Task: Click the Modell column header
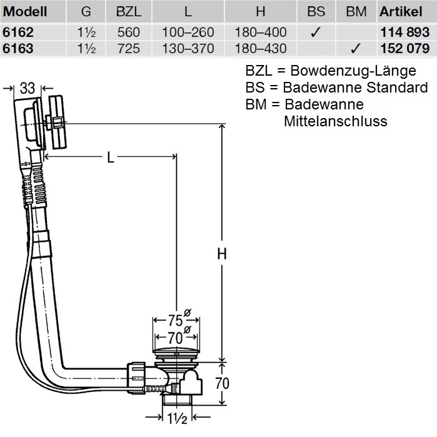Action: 25,12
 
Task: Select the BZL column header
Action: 129,12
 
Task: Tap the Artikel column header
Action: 401,12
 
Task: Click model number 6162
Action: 18,32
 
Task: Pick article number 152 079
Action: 405,49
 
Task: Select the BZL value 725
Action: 129,49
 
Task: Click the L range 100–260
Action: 188,32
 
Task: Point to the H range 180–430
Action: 261,49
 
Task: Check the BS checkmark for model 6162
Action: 316,33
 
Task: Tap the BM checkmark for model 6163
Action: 356,49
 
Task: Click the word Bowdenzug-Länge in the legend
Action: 353,71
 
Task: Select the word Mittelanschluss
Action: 336,121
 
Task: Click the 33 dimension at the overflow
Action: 28,88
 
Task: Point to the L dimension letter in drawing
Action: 111,158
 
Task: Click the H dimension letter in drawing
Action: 222,254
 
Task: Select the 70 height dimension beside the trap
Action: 222,383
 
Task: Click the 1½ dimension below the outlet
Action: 177,418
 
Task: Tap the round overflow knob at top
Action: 58,122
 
